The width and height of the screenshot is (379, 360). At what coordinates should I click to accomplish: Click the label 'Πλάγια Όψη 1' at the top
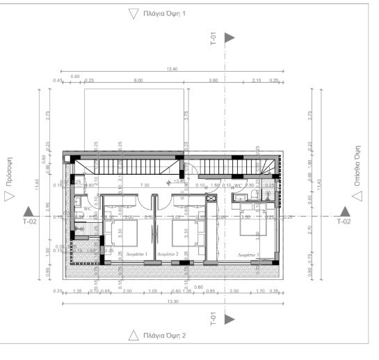pyautogui.click(x=166, y=13)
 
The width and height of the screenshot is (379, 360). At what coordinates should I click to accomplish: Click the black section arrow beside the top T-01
pyautogui.click(x=229, y=38)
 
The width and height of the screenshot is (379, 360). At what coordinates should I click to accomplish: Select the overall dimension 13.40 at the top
pyautogui.click(x=172, y=69)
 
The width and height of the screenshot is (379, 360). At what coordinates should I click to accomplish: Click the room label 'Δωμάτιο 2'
pyautogui.click(x=168, y=254)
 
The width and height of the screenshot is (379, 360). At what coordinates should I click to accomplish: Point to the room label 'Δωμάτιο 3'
pyautogui.click(x=248, y=255)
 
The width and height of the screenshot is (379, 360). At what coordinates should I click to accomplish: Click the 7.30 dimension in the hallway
pyautogui.click(x=145, y=185)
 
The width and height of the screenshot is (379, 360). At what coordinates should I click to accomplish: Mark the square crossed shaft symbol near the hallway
pyautogui.click(x=211, y=198)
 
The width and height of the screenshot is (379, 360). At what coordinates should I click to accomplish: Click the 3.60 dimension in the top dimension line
pyautogui.click(x=213, y=81)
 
